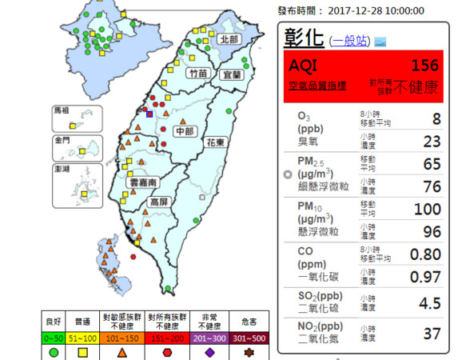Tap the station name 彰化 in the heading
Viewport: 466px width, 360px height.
pos(305,38)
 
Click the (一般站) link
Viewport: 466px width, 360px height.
pos(349,39)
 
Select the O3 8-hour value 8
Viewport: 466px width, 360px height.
pos(436,119)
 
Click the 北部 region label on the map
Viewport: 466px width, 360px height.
pos(229,39)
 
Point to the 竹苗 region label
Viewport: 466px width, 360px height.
pos(197,74)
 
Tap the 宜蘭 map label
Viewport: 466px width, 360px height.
pos(232,74)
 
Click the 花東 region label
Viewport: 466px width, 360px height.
pos(215,142)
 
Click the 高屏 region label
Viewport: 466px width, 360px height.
pos(159,203)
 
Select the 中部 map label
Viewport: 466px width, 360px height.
pos(185,130)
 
